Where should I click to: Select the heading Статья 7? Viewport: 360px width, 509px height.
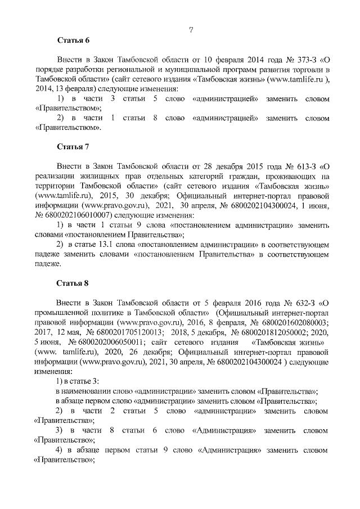click(73, 147)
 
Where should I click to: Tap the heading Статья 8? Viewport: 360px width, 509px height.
click(73, 281)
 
